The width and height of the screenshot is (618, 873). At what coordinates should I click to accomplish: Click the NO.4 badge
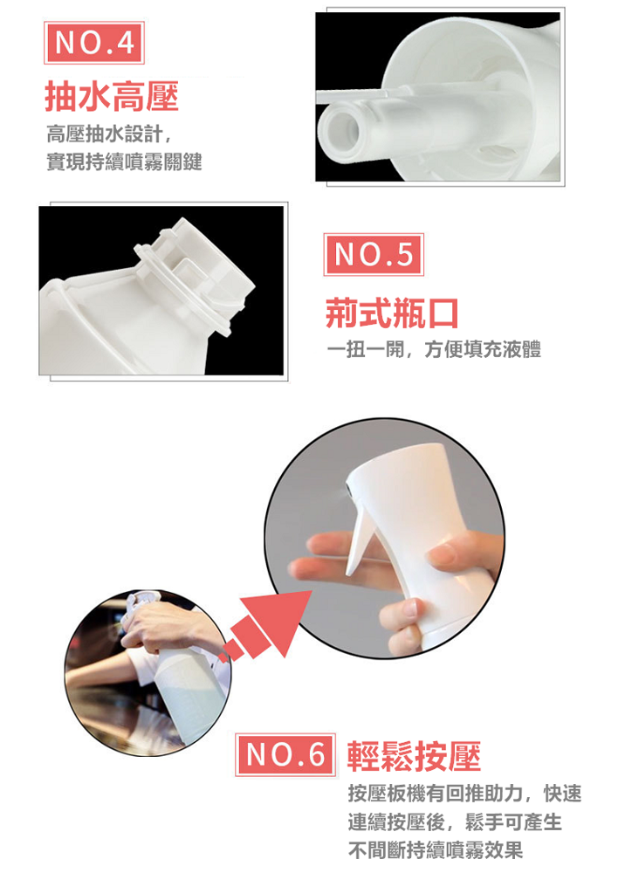coord(94,43)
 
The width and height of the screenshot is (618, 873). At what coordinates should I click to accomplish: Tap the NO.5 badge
coord(374,254)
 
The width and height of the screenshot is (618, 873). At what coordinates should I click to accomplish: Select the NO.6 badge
coord(285,755)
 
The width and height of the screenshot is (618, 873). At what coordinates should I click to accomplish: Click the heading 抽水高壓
coord(112,96)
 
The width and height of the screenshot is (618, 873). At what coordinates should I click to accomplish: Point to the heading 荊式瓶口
coord(392,313)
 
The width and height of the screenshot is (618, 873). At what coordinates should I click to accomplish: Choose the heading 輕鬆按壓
coord(415,756)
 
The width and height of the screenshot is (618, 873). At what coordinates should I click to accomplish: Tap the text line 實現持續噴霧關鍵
coord(124,162)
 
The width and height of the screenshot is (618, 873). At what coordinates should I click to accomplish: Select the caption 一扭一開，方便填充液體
coord(434,349)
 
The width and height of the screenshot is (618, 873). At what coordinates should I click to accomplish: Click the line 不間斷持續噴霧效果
coord(436,850)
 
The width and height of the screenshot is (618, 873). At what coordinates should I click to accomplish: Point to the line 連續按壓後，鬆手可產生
coord(455,821)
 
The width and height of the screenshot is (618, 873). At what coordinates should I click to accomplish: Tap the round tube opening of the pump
coord(340,129)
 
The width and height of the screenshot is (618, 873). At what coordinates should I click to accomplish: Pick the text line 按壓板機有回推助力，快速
coord(465,794)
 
